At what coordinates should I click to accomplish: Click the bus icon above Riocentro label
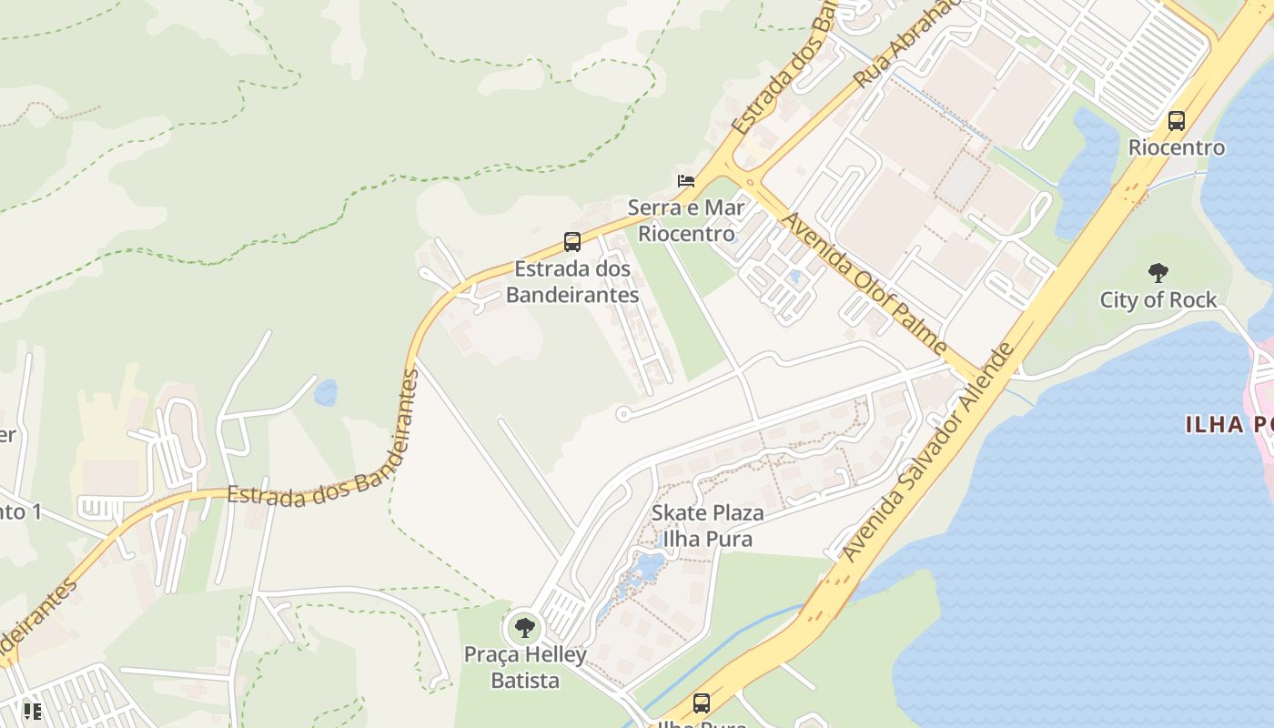coord(1176,120)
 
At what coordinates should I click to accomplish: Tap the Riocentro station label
coord(1177,147)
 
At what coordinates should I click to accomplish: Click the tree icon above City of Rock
coord(1158,272)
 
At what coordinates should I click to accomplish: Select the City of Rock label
coord(1158,299)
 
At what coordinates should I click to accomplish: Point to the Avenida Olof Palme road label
coord(864,283)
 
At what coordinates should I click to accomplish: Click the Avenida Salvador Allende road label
coord(927,452)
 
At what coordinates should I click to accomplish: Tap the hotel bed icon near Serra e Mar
coord(686,180)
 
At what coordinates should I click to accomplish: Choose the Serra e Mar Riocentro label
coord(686,220)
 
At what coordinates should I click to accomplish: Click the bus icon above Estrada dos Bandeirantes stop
coord(571,242)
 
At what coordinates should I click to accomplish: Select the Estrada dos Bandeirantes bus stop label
coord(572,282)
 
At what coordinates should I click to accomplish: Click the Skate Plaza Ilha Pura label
coord(707,526)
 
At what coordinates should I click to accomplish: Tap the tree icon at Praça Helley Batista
coord(524,627)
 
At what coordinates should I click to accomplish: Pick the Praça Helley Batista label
coord(525,667)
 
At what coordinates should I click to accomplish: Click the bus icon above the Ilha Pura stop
coord(701,703)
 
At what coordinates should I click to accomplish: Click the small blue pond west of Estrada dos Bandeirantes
coord(325,393)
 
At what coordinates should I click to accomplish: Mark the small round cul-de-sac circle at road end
coord(623,414)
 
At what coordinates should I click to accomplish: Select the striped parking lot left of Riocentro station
coord(1154,64)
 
